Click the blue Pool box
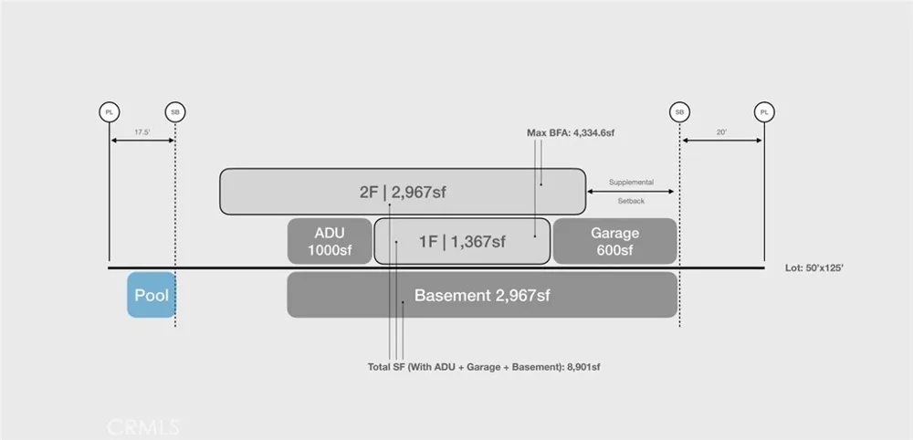point(152,295)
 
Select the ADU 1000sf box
point(330,241)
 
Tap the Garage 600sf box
point(614,241)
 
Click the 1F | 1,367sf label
point(462,242)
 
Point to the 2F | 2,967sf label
point(403,192)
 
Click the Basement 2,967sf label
point(482,295)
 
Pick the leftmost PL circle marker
point(109,111)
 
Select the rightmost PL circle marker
point(764,111)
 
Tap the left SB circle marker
point(175,111)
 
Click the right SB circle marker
point(679,111)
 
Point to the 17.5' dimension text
point(142,132)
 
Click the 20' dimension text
point(722,132)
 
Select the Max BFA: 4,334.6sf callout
point(571,132)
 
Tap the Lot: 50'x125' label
point(814,269)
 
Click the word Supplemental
point(631,183)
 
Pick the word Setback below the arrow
point(631,202)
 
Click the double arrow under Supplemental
point(631,192)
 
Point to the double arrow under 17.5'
point(142,141)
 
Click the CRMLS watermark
point(142,427)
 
